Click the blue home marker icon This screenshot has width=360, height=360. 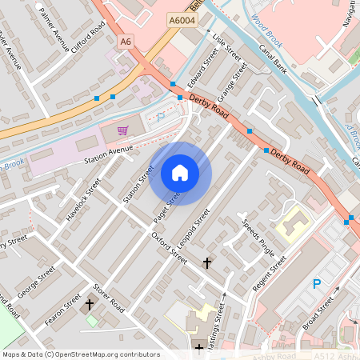[x=180, y=173]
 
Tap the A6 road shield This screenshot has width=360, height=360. [x=124, y=41]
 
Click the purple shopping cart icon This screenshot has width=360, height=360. [x=122, y=130]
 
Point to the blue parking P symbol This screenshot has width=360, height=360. [x=317, y=284]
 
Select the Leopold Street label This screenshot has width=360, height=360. [x=194, y=227]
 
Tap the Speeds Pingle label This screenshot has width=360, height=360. [x=258, y=238]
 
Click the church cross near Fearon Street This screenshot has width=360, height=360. [x=90, y=305]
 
